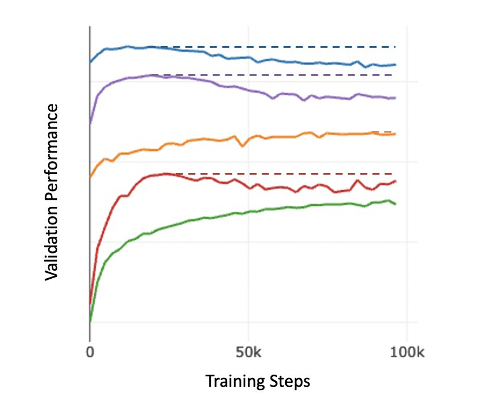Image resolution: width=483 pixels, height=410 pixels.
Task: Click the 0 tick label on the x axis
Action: pyautogui.click(x=90, y=352)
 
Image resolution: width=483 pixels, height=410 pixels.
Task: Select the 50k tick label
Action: pyautogui.click(x=248, y=352)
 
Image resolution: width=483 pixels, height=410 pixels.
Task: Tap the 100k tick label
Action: pyautogui.click(x=407, y=352)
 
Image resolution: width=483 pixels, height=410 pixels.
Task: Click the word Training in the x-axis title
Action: pyautogui.click(x=233, y=381)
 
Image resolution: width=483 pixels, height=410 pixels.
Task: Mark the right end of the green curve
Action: pyautogui.click(x=395, y=204)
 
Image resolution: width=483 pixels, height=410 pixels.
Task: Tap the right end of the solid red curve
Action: pyautogui.click(x=395, y=181)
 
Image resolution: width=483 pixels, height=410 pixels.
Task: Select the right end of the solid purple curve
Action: pyautogui.click(x=395, y=98)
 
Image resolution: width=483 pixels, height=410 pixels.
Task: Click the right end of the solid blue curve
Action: pyautogui.click(x=395, y=65)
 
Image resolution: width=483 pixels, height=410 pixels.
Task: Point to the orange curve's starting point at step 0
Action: pyautogui.click(x=90, y=177)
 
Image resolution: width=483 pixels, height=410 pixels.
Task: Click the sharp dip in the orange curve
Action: pyautogui.click(x=242, y=146)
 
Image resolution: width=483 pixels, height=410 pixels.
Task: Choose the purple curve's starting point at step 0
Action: pyautogui.click(x=90, y=124)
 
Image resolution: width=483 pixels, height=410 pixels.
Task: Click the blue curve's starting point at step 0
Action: pyautogui.click(x=90, y=63)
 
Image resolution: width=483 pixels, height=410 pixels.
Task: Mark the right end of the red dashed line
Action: pyautogui.click(x=392, y=174)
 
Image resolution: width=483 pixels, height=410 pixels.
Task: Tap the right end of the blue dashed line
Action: pyautogui.click(x=395, y=47)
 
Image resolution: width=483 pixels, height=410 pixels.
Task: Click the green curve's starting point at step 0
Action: pyautogui.click(x=90, y=321)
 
